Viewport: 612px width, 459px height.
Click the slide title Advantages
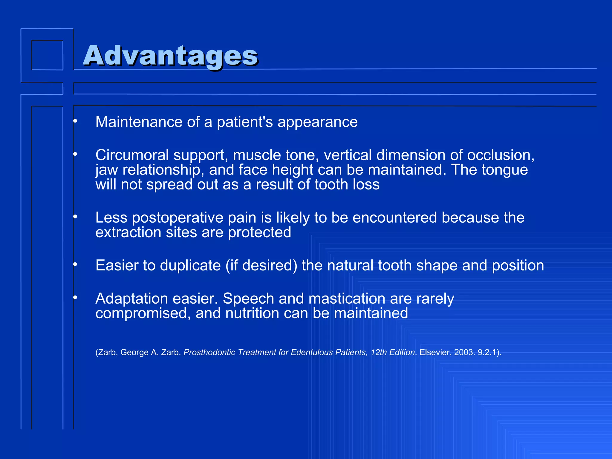pyautogui.click(x=170, y=56)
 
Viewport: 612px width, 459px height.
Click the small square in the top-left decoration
pyautogui.click(x=47, y=55)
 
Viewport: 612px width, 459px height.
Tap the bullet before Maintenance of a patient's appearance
pyautogui.click(x=75, y=121)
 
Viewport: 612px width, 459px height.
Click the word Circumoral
pyautogui.click(x=132, y=155)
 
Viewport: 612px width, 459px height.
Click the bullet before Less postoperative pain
pyautogui.click(x=75, y=216)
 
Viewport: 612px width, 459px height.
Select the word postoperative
pyautogui.click(x=178, y=218)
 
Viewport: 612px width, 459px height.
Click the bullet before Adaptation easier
pyautogui.click(x=75, y=297)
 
